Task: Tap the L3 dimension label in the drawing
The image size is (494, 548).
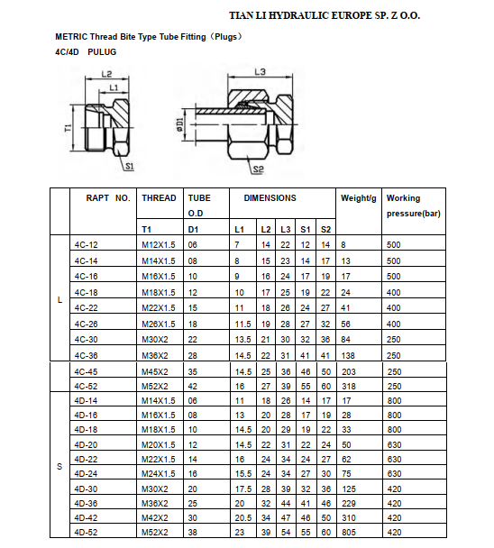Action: point(260,71)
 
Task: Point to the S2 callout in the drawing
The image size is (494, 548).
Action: point(258,169)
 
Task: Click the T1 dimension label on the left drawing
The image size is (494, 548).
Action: point(69,128)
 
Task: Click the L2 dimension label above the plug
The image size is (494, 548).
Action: point(106,75)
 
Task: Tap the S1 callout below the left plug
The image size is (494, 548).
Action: point(129,167)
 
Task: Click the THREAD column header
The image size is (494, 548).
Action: point(160,198)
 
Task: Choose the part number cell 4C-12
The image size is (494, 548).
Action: point(87,245)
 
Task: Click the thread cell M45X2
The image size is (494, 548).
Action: point(155,372)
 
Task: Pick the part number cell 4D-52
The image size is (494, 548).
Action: point(87,532)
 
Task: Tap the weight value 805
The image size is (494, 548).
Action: point(350,532)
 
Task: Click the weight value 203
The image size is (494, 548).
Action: point(350,372)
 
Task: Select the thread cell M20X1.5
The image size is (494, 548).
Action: point(159,445)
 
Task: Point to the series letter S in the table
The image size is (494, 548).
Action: point(59,465)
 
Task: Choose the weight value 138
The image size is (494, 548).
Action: point(350,357)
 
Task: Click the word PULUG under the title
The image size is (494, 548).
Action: point(102,51)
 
